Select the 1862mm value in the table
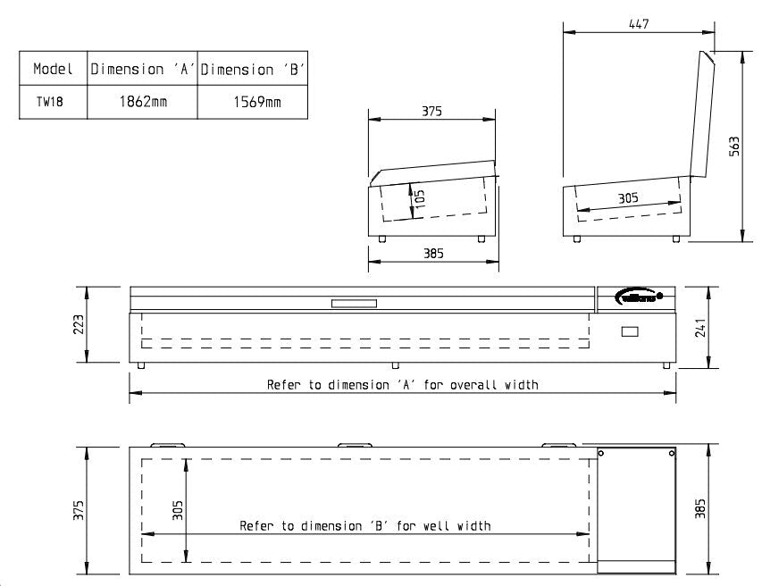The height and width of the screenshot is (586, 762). [x=143, y=102]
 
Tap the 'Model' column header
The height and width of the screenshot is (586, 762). [x=53, y=69]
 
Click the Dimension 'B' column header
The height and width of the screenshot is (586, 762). [x=253, y=69]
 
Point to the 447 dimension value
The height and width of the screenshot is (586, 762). [x=639, y=24]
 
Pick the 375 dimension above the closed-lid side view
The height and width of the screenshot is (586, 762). [x=432, y=112]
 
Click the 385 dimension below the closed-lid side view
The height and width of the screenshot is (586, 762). [x=432, y=254]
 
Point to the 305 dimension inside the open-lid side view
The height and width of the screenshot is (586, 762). [x=628, y=199]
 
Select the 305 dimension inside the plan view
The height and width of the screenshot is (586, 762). [x=178, y=509]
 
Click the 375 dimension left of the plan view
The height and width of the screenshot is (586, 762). [x=79, y=510]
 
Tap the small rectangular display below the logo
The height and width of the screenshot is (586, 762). [x=631, y=332]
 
